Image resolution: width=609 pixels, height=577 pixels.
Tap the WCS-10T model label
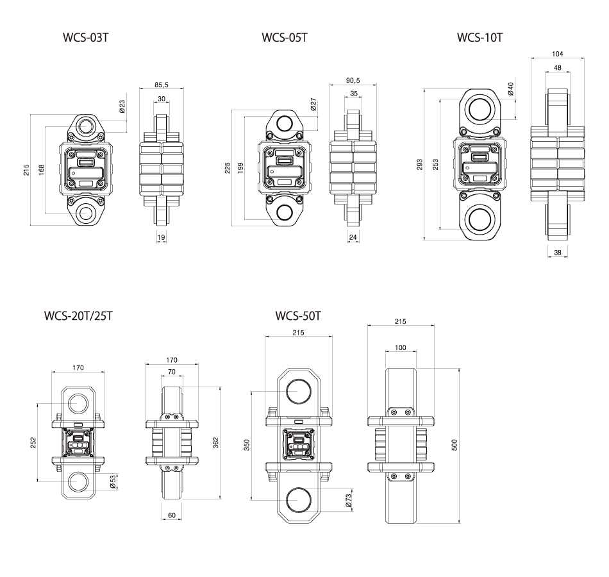[480, 37]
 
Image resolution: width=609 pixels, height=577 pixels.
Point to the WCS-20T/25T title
[79, 317]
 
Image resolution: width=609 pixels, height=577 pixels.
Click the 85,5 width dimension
[162, 85]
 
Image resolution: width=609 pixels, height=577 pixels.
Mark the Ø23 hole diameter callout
[122, 106]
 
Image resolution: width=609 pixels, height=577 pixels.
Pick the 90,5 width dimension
[353, 81]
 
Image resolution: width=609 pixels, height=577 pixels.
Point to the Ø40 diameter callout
[510, 89]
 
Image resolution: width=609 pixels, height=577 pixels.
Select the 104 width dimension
[557, 54]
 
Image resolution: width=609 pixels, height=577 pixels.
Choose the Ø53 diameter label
[113, 481]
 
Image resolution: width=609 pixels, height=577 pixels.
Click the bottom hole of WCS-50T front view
[299, 498]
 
